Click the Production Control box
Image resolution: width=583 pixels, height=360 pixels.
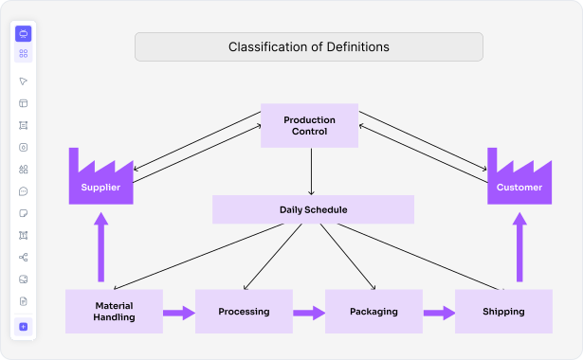click(309, 125)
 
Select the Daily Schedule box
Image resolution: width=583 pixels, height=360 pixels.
click(313, 209)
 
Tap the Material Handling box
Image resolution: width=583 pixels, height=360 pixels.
click(114, 312)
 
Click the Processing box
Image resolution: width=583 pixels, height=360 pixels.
click(244, 312)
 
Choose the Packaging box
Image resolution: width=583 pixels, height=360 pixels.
click(373, 312)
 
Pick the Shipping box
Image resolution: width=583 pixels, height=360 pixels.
click(502, 312)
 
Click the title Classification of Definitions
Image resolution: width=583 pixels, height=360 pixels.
click(308, 46)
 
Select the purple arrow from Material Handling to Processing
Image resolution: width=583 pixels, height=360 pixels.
click(178, 312)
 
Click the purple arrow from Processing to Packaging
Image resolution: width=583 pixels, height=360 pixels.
click(308, 312)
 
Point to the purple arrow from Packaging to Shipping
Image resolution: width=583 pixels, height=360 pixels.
click(438, 312)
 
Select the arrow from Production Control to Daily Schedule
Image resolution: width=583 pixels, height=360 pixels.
click(312, 171)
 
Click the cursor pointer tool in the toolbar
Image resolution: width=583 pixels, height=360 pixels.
click(24, 81)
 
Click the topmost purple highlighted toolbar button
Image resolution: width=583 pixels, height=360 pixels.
click(24, 33)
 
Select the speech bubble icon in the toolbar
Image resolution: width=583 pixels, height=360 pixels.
click(24, 190)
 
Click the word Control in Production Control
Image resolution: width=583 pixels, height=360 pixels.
click(309, 132)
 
